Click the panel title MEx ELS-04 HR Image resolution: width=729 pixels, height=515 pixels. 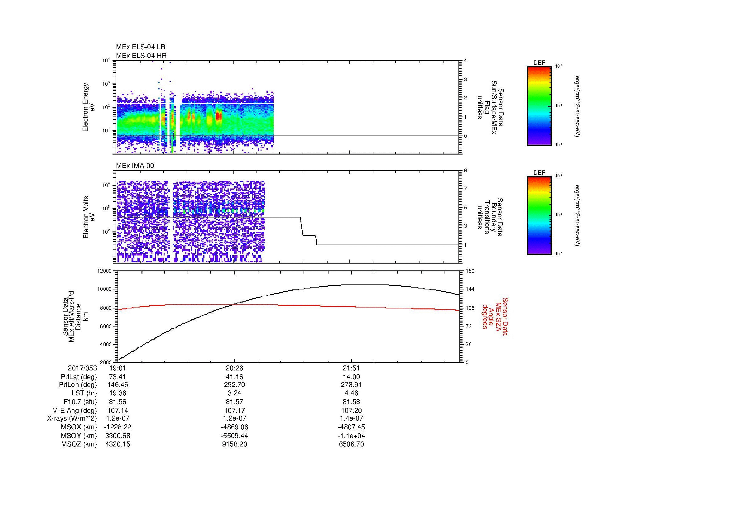141,55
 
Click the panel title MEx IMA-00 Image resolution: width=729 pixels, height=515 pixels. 135,166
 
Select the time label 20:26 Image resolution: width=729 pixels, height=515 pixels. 234,368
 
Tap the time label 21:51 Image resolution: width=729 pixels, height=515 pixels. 351,368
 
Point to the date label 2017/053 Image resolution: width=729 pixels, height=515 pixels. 82,368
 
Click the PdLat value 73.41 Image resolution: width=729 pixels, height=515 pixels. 118,377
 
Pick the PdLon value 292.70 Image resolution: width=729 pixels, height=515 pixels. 234,385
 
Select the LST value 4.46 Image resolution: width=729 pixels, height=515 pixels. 351,393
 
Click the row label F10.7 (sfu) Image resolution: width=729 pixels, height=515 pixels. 80,402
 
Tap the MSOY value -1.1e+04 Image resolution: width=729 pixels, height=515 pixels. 351,436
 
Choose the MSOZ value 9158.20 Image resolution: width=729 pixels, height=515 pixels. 234,444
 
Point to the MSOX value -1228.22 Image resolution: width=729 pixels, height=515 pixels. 118,427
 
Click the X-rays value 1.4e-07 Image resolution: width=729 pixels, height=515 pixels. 351,418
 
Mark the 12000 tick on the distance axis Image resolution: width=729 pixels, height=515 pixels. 105,271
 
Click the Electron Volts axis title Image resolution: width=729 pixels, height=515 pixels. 86,217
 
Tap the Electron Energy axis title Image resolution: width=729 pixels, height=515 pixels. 86,107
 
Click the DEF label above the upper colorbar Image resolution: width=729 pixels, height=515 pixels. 539,63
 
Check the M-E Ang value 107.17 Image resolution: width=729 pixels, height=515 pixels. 234,410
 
